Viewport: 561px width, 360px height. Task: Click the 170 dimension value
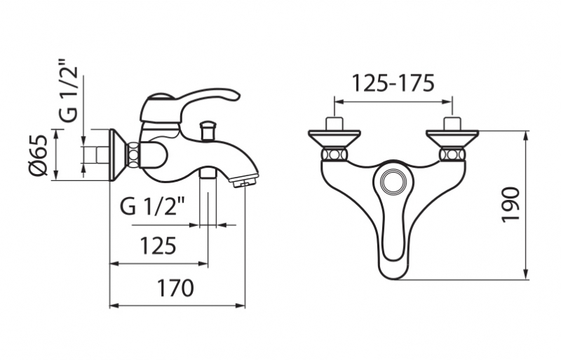[x=176, y=288]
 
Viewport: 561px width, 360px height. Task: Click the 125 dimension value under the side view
[x=158, y=246]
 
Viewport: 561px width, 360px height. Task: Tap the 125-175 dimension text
[x=393, y=83]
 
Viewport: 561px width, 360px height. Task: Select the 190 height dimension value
[x=511, y=204]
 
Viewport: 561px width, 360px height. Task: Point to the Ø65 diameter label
[x=38, y=155]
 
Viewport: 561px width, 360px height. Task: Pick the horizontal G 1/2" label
[x=152, y=206]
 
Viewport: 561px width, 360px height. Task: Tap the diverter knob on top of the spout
[x=208, y=131]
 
